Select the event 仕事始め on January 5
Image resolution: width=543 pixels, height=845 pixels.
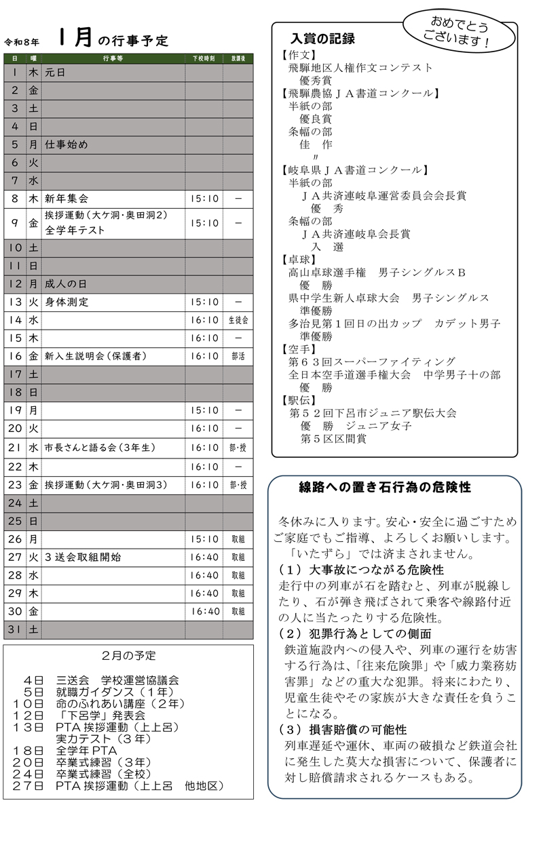(67, 144)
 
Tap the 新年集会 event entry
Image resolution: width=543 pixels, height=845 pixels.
(67, 199)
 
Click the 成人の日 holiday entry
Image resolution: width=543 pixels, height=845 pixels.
(67, 283)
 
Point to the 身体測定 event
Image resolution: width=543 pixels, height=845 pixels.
(67, 302)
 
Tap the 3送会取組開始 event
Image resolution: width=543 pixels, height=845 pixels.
(83, 557)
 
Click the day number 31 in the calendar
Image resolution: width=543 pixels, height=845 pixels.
(14, 630)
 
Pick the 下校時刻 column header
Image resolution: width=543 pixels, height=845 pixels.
(204, 59)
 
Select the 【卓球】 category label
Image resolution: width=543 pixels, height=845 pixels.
(299, 259)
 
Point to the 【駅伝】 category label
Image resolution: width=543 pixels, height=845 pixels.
(299, 400)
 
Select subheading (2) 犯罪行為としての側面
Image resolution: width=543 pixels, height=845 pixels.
(355, 634)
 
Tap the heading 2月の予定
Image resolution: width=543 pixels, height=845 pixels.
(128, 656)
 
